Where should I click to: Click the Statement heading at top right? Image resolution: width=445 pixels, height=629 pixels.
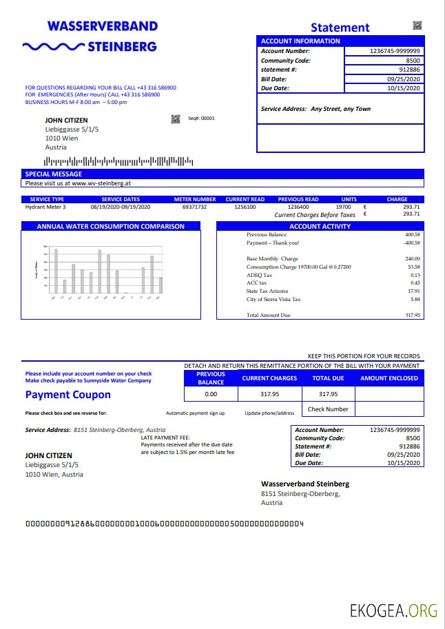pyautogui.click(x=340, y=28)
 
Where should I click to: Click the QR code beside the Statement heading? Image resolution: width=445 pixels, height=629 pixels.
pyautogui.click(x=417, y=25)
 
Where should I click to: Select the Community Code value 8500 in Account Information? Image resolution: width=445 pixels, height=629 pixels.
pyautogui.click(x=413, y=61)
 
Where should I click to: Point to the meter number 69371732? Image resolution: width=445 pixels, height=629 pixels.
pyautogui.click(x=194, y=207)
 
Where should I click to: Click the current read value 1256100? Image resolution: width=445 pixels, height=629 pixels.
pyautogui.click(x=245, y=207)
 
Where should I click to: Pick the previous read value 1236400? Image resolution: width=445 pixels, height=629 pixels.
pyautogui.click(x=298, y=207)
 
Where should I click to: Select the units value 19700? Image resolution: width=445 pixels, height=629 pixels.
pyautogui.click(x=343, y=207)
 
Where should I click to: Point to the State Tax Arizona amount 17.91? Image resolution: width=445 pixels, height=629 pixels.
pyautogui.click(x=413, y=291)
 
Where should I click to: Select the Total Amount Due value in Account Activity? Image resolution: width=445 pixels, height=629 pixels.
pyautogui.click(x=412, y=315)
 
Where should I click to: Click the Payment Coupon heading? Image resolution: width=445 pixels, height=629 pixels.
pyautogui.click(x=68, y=395)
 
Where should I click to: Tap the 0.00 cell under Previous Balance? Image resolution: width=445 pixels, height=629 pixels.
pyautogui.click(x=211, y=394)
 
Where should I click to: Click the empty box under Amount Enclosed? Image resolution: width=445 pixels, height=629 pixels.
pyautogui.click(x=389, y=394)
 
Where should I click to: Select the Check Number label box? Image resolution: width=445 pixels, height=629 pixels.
pyautogui.click(x=328, y=409)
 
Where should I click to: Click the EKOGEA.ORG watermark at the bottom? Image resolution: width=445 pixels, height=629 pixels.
pyautogui.click(x=393, y=610)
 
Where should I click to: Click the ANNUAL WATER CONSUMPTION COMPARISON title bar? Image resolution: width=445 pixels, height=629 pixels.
pyautogui.click(x=110, y=226)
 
